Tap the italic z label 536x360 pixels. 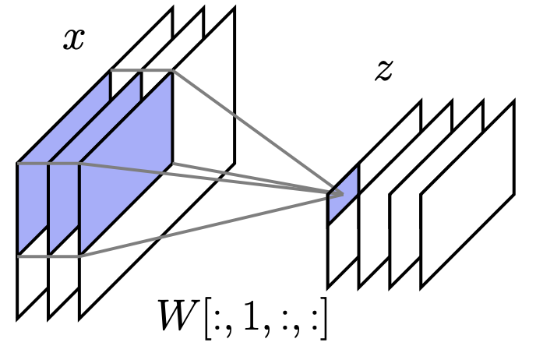tap(383, 71)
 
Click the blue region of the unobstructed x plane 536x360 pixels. tap(125, 164)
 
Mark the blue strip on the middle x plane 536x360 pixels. tap(63, 195)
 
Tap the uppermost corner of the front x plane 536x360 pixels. tap(234, 10)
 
